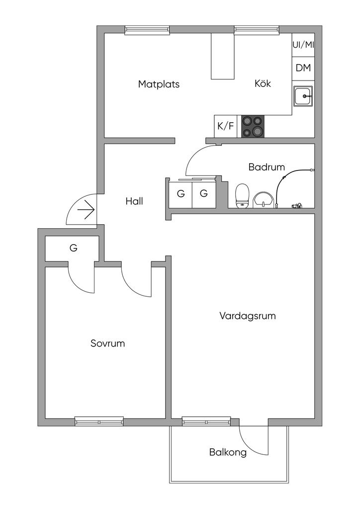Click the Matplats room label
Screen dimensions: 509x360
click(159, 84)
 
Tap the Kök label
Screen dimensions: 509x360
click(263, 84)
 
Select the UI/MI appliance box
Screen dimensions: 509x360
click(303, 45)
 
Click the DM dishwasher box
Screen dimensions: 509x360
click(303, 68)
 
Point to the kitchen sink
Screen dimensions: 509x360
click(303, 96)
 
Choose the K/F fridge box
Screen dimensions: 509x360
click(225, 126)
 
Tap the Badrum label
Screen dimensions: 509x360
click(267, 167)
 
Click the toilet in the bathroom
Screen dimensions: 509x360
click(242, 195)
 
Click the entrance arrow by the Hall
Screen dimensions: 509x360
click(87, 210)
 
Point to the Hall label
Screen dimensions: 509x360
click(134, 201)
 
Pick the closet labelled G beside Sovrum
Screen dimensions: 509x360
click(73, 248)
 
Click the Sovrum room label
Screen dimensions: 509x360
click(107, 343)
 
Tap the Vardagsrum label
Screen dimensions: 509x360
click(247, 316)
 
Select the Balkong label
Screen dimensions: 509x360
click(228, 453)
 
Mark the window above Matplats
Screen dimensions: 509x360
click(147, 30)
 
